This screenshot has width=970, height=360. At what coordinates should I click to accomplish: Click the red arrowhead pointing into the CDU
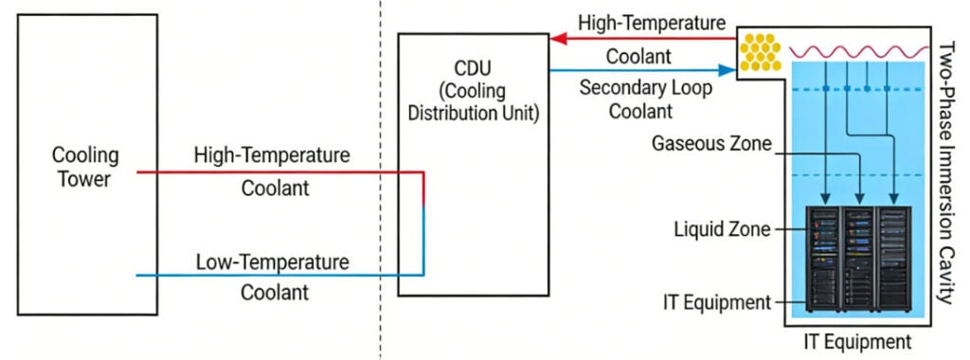558,39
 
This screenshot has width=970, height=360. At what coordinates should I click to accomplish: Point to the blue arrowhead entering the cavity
730,69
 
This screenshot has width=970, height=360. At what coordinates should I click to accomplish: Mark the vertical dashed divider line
381,180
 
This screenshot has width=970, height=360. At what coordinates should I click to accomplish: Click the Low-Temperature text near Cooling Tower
271,261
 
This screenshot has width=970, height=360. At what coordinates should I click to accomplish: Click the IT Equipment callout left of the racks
716,302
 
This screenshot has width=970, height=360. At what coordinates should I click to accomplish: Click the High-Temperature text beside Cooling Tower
271,153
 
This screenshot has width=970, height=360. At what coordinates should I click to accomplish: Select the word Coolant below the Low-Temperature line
274,293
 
